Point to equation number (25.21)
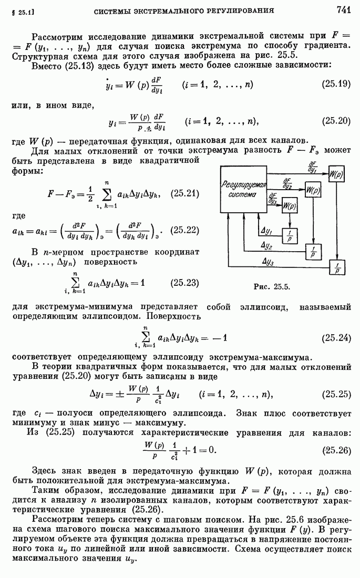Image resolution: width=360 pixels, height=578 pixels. point(185,194)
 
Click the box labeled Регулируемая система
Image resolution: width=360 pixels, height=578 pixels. point(242,190)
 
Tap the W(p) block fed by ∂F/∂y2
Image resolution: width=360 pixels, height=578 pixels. point(313,189)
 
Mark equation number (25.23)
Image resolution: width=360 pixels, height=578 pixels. point(185,283)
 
